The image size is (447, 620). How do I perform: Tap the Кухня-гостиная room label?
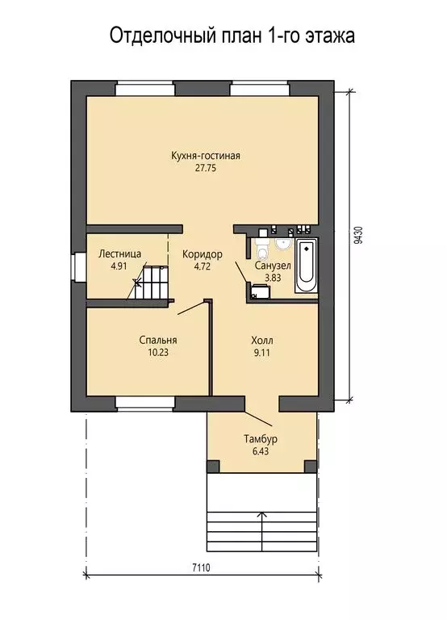point(206,155)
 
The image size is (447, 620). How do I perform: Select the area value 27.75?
point(206,168)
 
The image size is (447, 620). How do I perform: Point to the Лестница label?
point(119,253)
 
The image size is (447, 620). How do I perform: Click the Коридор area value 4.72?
point(203,266)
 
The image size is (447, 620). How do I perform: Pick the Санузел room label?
point(273,266)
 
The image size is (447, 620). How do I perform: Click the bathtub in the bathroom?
point(307,265)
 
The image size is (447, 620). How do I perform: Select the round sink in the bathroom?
point(283,244)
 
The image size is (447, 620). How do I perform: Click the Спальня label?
point(158,340)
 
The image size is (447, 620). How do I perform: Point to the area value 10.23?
point(158,352)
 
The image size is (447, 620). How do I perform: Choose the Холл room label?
point(262,340)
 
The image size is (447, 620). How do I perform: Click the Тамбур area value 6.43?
point(261,451)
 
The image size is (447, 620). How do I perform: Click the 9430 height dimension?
point(358,235)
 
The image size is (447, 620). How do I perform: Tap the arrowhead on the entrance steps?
point(261,514)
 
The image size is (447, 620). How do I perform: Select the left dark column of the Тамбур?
point(213,466)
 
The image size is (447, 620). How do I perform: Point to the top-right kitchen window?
point(259,88)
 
